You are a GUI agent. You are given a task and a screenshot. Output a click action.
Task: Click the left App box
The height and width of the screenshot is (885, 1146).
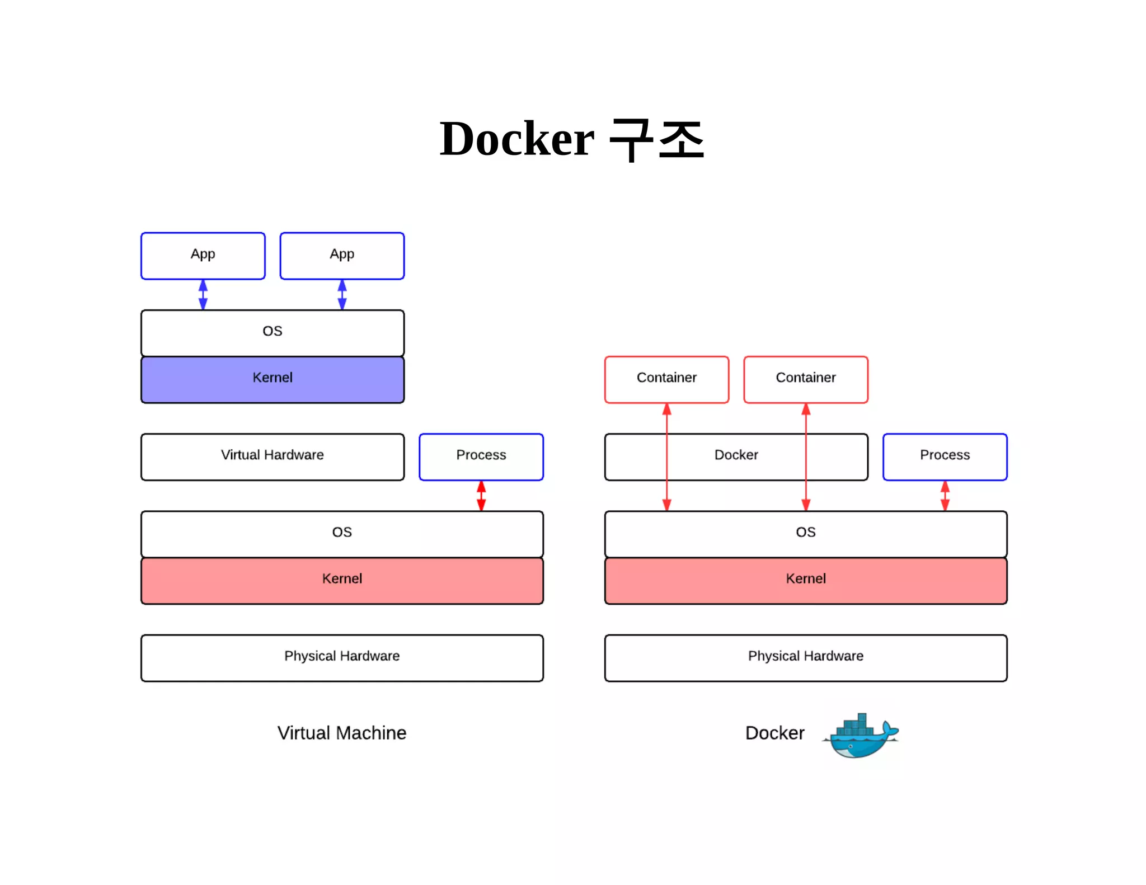pyautogui.click(x=203, y=256)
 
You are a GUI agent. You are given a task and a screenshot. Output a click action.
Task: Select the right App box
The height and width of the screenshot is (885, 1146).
pyautogui.click(x=342, y=256)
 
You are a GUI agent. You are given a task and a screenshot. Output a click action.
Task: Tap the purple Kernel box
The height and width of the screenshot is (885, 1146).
pyautogui.click(x=273, y=379)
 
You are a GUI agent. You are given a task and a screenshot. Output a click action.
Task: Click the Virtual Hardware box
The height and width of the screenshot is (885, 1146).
pyautogui.click(x=273, y=456)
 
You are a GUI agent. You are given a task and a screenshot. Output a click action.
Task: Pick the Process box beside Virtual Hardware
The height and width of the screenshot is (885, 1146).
pyautogui.click(x=481, y=456)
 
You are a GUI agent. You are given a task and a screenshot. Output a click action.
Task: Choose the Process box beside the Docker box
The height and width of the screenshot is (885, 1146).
pyautogui.click(x=945, y=456)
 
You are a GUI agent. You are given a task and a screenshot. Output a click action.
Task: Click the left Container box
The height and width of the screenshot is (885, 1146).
pyautogui.click(x=666, y=379)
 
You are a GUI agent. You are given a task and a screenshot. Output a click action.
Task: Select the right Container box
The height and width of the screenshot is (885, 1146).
pyautogui.click(x=806, y=379)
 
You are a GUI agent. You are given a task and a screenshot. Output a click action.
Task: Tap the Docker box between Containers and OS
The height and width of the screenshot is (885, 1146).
pyautogui.click(x=736, y=456)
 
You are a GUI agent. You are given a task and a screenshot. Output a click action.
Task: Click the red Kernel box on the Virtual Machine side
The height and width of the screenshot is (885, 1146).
pyautogui.click(x=342, y=580)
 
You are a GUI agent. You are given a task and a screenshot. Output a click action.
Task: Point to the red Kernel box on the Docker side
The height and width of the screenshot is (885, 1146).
pyautogui.click(x=806, y=580)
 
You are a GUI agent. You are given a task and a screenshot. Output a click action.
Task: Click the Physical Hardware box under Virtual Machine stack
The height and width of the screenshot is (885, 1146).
pyautogui.click(x=342, y=657)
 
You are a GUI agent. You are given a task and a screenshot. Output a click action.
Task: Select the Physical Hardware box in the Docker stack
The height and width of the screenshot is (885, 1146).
pyautogui.click(x=806, y=657)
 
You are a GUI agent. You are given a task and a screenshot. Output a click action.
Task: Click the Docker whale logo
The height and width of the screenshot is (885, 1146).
pyautogui.click(x=861, y=736)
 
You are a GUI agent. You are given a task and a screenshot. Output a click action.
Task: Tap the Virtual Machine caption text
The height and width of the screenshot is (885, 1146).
pyautogui.click(x=342, y=733)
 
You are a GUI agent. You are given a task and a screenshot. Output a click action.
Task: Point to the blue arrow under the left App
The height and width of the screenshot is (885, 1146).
pyautogui.click(x=203, y=295)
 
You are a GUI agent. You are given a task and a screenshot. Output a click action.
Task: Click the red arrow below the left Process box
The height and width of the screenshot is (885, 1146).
pyautogui.click(x=481, y=496)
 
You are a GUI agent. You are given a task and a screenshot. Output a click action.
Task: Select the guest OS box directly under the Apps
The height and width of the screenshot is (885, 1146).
pyautogui.click(x=273, y=333)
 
